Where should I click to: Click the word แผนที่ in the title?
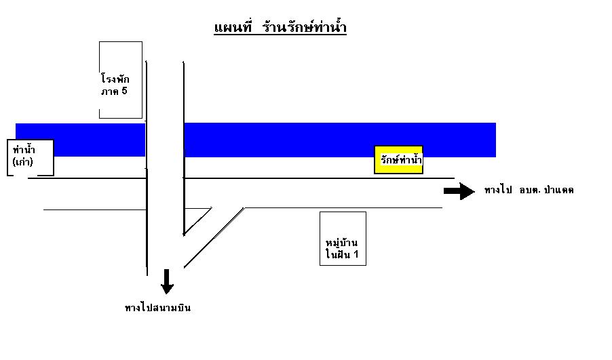(x=233, y=28)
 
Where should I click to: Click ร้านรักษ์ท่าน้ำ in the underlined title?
(x=305, y=26)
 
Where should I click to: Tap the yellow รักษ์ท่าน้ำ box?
(x=398, y=159)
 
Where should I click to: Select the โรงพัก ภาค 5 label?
(x=115, y=84)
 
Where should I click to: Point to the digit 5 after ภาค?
(x=124, y=91)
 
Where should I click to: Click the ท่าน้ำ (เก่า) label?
(x=24, y=155)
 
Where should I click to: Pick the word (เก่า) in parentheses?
(x=22, y=161)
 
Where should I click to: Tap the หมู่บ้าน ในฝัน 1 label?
(x=342, y=248)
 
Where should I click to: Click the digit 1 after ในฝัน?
(x=356, y=254)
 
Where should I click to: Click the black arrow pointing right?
(x=459, y=191)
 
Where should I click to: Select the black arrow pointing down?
(x=167, y=281)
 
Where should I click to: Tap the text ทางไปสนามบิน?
(x=157, y=307)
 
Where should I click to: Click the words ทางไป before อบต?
(x=498, y=190)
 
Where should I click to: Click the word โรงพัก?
(x=115, y=78)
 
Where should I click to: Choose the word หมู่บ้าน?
(x=342, y=242)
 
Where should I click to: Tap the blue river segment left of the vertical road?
(x=81, y=140)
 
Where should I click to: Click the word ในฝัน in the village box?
(x=338, y=254)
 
